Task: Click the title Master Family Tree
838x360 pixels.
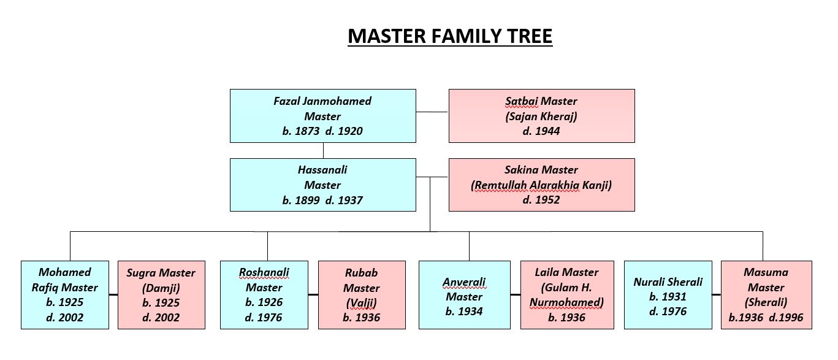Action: [x=450, y=37]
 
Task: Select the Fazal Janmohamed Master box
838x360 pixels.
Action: [x=322, y=116]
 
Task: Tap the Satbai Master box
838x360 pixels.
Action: [x=541, y=116]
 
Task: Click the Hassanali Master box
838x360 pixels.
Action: [x=322, y=185]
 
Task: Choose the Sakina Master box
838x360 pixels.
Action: [x=541, y=185]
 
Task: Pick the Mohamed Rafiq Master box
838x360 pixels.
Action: [x=65, y=295]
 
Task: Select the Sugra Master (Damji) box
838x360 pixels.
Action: [x=161, y=295]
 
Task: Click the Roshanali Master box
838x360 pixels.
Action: [x=264, y=295]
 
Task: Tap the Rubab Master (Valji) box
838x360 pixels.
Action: [x=362, y=295]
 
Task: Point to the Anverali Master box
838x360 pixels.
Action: [x=464, y=295]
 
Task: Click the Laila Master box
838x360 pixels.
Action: [x=566, y=295]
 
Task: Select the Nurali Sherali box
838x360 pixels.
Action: [x=668, y=295]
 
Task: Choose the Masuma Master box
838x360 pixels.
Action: [x=766, y=295]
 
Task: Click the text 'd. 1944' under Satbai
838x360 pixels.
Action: [x=541, y=131]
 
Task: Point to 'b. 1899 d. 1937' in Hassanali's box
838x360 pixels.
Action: [x=322, y=200]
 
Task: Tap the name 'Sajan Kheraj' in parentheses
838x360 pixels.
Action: [x=541, y=116]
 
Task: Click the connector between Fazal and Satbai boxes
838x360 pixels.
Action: [x=432, y=112]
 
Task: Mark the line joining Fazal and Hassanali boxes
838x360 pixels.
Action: [x=323, y=151]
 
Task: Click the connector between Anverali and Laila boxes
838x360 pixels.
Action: [x=515, y=295]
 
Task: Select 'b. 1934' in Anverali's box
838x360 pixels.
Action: [x=464, y=312]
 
